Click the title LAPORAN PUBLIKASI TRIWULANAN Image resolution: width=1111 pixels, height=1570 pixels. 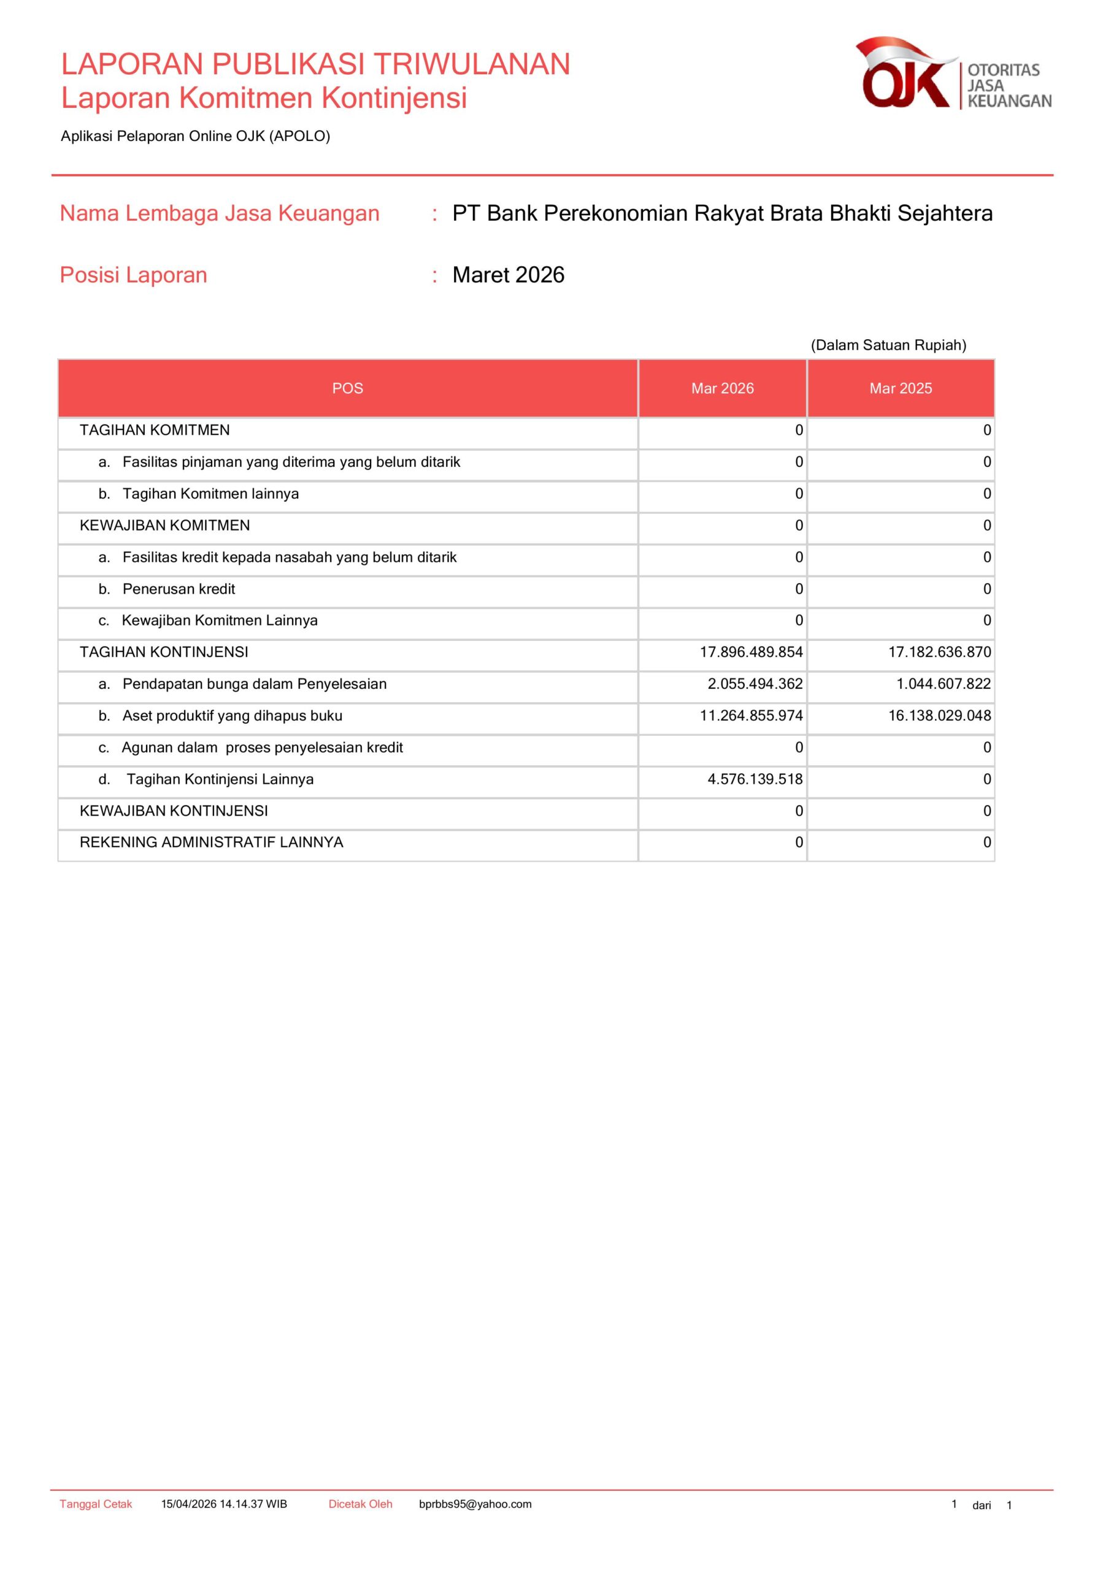tap(315, 64)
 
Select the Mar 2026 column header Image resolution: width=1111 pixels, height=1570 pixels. tap(723, 388)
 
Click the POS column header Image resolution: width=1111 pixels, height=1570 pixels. tap(347, 388)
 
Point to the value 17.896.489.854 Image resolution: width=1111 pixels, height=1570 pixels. tap(750, 653)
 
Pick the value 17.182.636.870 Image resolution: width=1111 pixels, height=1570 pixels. tap(939, 653)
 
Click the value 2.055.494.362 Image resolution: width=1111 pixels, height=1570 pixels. tap(755, 684)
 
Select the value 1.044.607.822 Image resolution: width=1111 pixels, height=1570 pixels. tap(944, 684)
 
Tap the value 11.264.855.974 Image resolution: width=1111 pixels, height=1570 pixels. tap(750, 716)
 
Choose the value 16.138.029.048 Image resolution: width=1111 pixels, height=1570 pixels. tap(939, 716)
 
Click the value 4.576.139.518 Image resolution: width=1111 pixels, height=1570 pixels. tap(755, 779)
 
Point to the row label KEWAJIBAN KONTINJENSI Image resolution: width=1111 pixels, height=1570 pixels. tap(174, 811)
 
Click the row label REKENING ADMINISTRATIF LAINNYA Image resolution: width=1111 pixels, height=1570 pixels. tap(212, 843)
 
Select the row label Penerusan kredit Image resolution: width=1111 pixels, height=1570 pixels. tap(179, 589)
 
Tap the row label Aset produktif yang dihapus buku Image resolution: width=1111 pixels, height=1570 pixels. tap(232, 716)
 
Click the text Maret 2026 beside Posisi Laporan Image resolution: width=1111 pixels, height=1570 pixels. tap(509, 275)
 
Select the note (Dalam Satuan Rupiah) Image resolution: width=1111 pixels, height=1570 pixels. tap(888, 345)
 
